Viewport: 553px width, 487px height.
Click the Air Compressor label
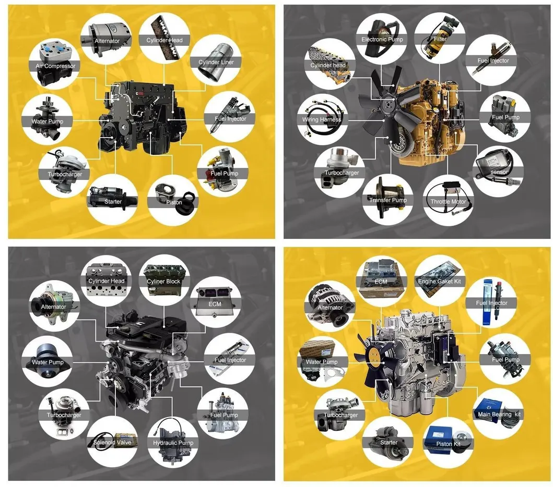click(x=55, y=66)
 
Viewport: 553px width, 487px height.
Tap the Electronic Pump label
click(x=382, y=40)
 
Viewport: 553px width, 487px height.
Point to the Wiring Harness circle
click(x=322, y=119)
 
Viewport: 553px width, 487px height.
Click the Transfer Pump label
click(x=388, y=200)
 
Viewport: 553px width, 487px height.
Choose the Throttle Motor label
click(x=448, y=202)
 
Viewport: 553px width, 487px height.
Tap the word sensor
click(x=499, y=172)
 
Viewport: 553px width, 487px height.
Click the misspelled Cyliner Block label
click(x=163, y=282)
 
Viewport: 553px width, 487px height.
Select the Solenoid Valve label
click(x=112, y=442)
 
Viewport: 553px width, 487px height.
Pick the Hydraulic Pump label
click(x=173, y=443)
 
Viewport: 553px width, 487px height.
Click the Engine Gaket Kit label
click(x=440, y=282)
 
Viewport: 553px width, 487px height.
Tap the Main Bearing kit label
click(x=499, y=414)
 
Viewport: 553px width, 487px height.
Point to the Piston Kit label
click(x=448, y=444)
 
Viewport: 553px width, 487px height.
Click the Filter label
click(x=440, y=39)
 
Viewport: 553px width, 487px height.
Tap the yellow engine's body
click(x=431, y=123)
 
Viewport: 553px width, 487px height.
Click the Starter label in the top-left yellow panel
click(x=113, y=202)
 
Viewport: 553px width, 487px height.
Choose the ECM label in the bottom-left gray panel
click(x=215, y=304)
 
